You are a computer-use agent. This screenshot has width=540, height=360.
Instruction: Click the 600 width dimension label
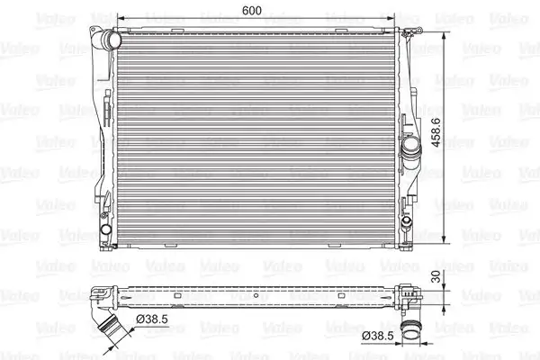point(253,11)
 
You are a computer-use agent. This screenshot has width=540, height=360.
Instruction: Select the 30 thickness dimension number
point(436,280)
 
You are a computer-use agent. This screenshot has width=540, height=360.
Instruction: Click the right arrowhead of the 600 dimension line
point(393,18)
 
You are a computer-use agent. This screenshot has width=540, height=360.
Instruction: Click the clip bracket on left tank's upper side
point(105,113)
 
